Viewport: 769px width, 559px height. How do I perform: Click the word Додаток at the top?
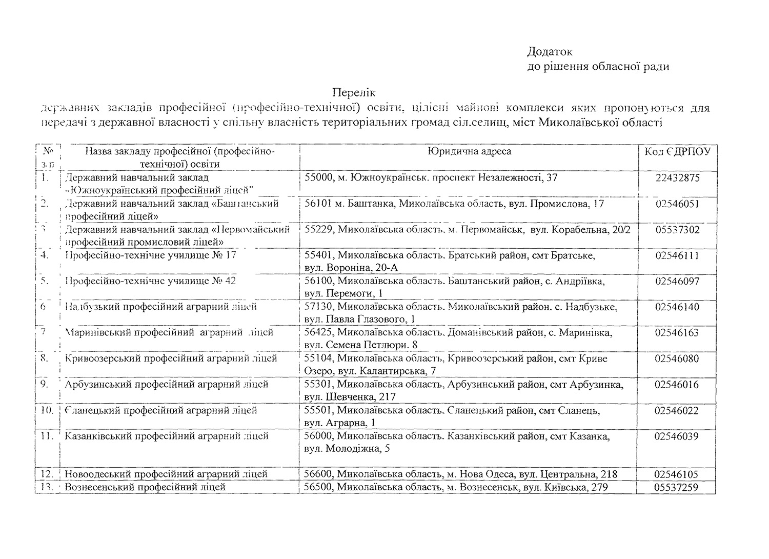coord(550,52)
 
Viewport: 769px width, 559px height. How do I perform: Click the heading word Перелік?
coord(353,93)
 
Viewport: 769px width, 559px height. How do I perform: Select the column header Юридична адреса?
coord(469,151)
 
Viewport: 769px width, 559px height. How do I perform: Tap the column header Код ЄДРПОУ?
coord(677,152)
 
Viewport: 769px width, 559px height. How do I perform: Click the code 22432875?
coord(677,178)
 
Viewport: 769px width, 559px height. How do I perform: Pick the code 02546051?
coord(677,204)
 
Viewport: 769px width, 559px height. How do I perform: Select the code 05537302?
coord(677,230)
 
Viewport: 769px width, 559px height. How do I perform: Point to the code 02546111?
coord(677,255)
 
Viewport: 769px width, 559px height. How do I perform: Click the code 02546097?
coord(677,281)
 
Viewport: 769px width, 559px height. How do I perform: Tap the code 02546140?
coord(677,307)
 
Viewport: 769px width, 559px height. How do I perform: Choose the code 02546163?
coord(677,332)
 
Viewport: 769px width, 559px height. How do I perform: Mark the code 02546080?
coord(677,358)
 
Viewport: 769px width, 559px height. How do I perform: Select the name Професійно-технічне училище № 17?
coord(151,255)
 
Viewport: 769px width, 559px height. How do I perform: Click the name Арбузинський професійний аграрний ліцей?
coord(167,384)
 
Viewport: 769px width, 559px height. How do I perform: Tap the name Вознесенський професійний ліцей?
coord(145,487)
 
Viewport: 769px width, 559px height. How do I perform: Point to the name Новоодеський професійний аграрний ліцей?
coord(166,474)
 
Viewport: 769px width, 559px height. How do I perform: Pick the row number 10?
coord(47,410)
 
